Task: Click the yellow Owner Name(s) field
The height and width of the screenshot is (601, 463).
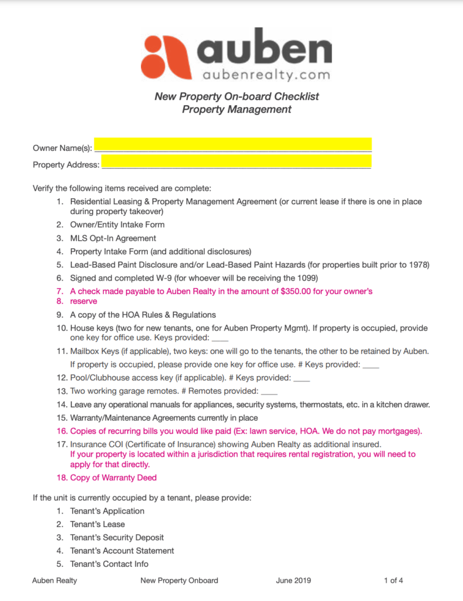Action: [232, 144]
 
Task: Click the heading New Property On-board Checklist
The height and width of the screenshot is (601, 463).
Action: [236, 96]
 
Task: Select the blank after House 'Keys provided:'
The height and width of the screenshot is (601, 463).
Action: [219, 339]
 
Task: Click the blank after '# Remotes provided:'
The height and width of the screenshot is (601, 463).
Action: [269, 391]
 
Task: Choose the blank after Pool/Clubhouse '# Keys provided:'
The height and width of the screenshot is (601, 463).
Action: [301, 378]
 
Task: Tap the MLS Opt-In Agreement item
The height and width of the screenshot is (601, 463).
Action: [113, 238]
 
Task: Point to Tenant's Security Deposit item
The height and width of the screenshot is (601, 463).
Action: [117, 538]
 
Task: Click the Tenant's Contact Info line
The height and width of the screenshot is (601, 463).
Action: [109, 564]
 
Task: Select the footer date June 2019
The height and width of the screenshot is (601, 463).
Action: [293, 581]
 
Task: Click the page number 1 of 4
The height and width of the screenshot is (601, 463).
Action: [393, 581]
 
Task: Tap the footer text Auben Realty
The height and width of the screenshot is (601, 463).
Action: [55, 581]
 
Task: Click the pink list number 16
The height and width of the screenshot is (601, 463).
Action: [62, 431]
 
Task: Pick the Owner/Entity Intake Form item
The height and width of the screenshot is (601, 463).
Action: [117, 225]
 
